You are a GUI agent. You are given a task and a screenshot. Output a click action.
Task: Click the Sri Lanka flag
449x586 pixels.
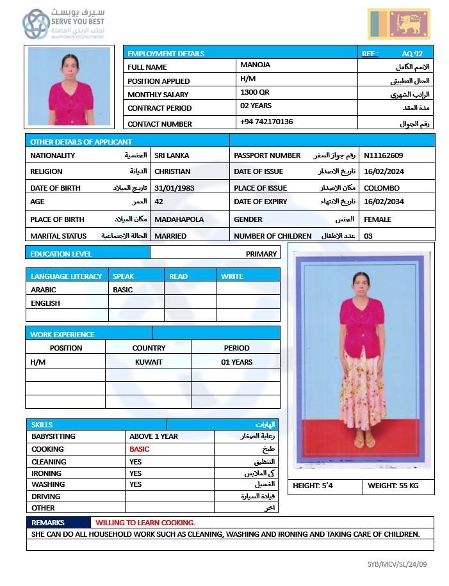click(x=398, y=24)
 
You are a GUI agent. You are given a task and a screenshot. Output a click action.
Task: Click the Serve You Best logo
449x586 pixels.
click(x=63, y=24)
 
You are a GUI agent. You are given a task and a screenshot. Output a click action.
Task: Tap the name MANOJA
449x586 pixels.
click(x=255, y=65)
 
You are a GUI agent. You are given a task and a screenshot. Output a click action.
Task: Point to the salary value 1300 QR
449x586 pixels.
click(x=255, y=92)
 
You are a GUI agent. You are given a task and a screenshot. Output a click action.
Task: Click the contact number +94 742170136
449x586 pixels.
click(x=266, y=122)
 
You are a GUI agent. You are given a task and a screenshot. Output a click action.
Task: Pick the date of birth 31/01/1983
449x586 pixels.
click(x=174, y=188)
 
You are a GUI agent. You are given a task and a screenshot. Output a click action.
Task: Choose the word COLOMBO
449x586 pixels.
click(x=382, y=188)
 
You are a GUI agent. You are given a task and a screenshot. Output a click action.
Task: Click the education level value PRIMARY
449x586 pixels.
click(x=261, y=254)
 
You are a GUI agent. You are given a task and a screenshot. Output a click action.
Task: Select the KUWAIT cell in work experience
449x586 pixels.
click(x=149, y=362)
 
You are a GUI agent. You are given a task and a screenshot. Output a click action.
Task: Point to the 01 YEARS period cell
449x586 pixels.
click(x=236, y=362)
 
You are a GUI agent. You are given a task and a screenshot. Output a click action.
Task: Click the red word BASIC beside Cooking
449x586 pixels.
click(x=139, y=449)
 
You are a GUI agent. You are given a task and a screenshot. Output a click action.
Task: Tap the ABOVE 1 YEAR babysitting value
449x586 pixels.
click(x=154, y=436)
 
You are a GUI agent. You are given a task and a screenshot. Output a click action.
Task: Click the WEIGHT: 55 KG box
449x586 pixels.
click(x=393, y=486)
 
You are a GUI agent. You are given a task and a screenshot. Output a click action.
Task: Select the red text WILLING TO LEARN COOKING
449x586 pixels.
click(x=145, y=523)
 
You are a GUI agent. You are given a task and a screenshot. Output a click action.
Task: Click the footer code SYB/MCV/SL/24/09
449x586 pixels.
click(x=397, y=564)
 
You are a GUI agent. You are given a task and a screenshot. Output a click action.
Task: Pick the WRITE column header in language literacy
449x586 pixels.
click(x=232, y=276)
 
